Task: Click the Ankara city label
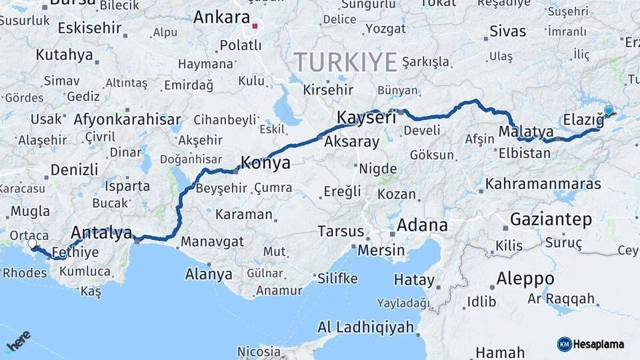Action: (221, 17)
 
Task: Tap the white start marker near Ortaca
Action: (32, 244)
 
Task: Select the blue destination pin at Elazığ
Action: (608, 111)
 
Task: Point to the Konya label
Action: (265, 163)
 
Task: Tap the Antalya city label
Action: (101, 233)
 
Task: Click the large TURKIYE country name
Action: (346, 62)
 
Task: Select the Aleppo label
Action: (525, 278)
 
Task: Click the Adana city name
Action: (422, 225)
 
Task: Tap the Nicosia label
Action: (259, 351)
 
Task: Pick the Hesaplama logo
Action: (591, 344)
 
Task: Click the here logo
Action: (18, 341)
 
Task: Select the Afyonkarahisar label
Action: (127, 121)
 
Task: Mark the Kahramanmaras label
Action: (543, 183)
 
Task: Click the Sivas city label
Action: (507, 31)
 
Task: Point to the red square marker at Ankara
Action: (255, 27)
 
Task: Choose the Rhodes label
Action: (25, 273)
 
